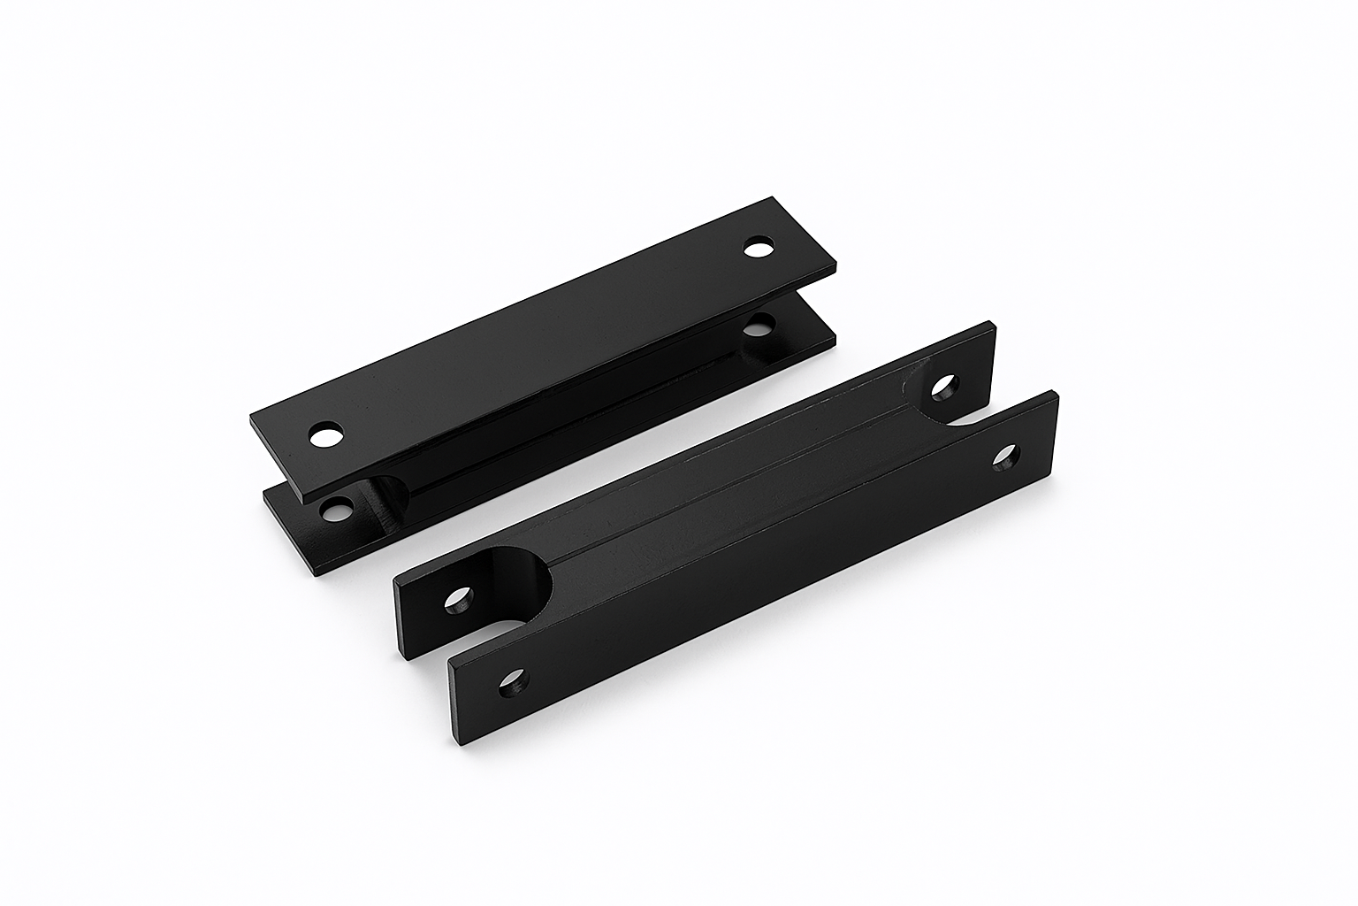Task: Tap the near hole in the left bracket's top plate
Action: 326,435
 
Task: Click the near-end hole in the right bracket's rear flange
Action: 458,602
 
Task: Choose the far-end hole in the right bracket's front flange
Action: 1006,458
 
